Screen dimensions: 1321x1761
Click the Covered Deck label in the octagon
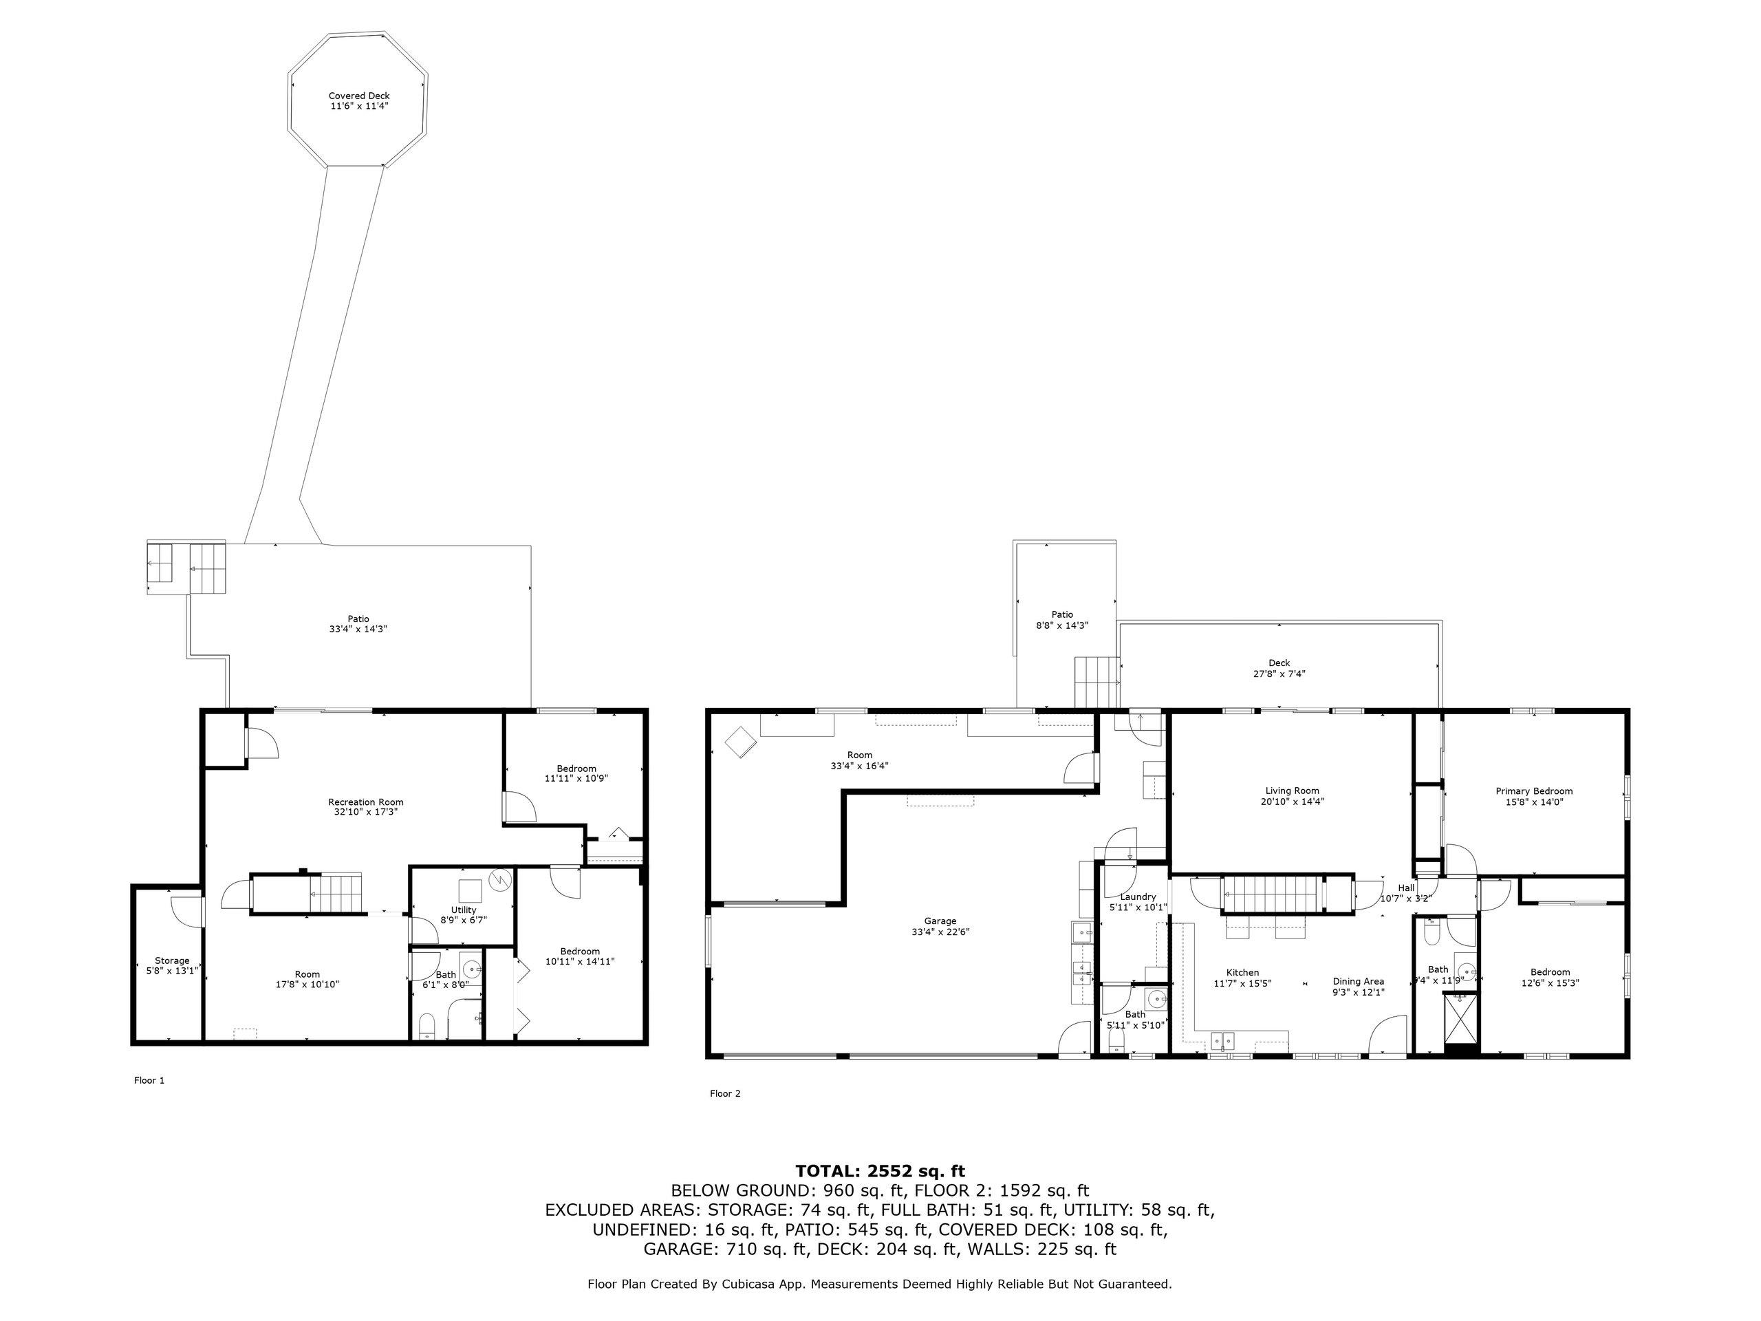click(x=359, y=96)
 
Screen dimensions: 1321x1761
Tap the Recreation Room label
click(x=365, y=802)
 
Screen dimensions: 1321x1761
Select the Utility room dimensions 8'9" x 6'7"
click(x=464, y=920)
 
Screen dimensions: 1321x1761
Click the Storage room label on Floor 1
click(x=172, y=960)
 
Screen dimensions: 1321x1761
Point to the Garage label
click(x=940, y=921)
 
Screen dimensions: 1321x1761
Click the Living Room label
click(x=1292, y=791)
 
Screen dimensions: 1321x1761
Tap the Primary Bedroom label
click(x=1533, y=791)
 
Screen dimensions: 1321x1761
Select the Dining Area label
click(x=1358, y=981)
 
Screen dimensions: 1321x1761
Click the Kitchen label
click(x=1242, y=972)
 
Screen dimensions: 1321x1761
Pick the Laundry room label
click(x=1137, y=896)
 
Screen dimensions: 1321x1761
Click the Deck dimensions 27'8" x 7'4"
click(x=1279, y=674)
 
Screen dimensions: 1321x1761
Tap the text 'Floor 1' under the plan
click(x=149, y=1080)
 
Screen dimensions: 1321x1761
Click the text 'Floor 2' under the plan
click(x=724, y=1093)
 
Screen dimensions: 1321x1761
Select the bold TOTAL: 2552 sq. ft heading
click(x=880, y=1170)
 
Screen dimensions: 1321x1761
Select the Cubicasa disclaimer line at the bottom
click(x=880, y=1284)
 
